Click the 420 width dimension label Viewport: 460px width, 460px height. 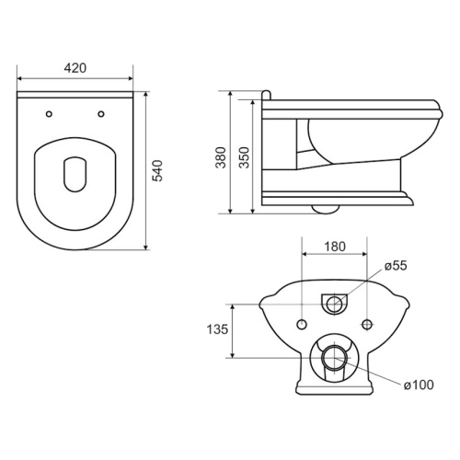[75, 68]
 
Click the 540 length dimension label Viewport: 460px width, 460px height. [157, 170]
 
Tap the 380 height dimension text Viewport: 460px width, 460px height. [221, 157]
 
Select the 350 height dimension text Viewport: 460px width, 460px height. [244, 157]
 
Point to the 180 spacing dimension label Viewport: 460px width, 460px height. [335, 247]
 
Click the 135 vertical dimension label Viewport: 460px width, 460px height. [217, 329]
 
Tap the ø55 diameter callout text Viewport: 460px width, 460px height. [396, 266]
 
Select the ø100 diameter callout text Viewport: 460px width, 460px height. [419, 385]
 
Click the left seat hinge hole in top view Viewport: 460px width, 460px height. [49, 114]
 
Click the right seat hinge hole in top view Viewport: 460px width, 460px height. [101, 114]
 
